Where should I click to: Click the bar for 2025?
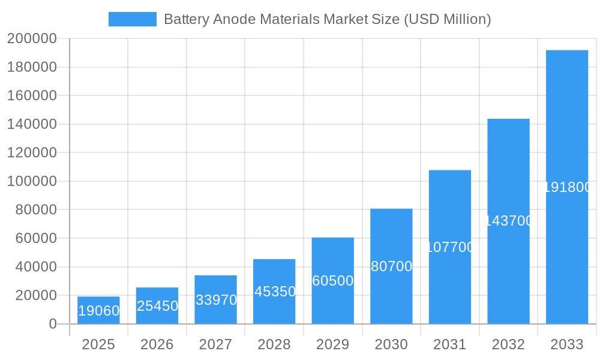point(98,310)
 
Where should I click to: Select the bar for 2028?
point(274,292)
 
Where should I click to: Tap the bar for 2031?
point(450,247)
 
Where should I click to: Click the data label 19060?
point(98,311)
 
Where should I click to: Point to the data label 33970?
point(216,300)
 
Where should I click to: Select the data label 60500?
point(333,281)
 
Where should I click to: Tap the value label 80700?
point(391,266)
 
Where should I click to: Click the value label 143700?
point(508,221)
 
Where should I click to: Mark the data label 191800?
point(567,187)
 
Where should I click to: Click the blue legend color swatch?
point(132,19)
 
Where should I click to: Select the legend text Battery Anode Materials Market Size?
point(327,19)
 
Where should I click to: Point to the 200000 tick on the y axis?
point(32,39)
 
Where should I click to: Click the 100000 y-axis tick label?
point(32,181)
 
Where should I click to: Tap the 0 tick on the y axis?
point(52,324)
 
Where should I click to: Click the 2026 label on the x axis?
point(157,344)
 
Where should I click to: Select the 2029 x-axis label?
point(333,344)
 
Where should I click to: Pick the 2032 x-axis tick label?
point(508,344)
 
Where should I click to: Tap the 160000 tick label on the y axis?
point(32,96)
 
